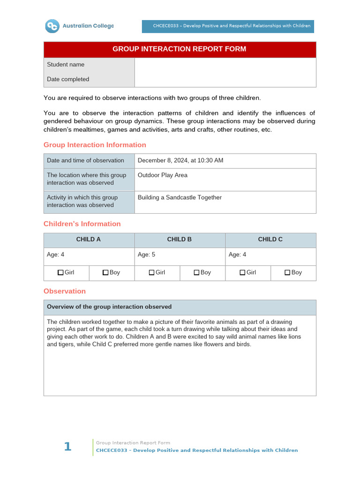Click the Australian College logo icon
coord(52,26)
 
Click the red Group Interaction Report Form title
coord(180,49)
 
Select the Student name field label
coord(66,65)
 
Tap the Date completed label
coord(68,79)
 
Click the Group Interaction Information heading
coord(95,145)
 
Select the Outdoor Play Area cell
coord(162,175)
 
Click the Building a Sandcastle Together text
coord(180,198)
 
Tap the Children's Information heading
coord(82,224)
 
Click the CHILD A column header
coord(89,240)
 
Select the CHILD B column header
coord(180,240)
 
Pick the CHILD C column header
coord(270,240)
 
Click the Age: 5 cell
coord(144,255)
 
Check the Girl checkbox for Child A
coord(60,272)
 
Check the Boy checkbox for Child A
coord(105,272)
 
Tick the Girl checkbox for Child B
coord(151,272)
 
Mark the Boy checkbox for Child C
coord(287,272)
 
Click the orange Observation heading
coord(65,291)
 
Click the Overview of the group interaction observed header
coord(109,307)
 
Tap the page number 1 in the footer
coord(68,447)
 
